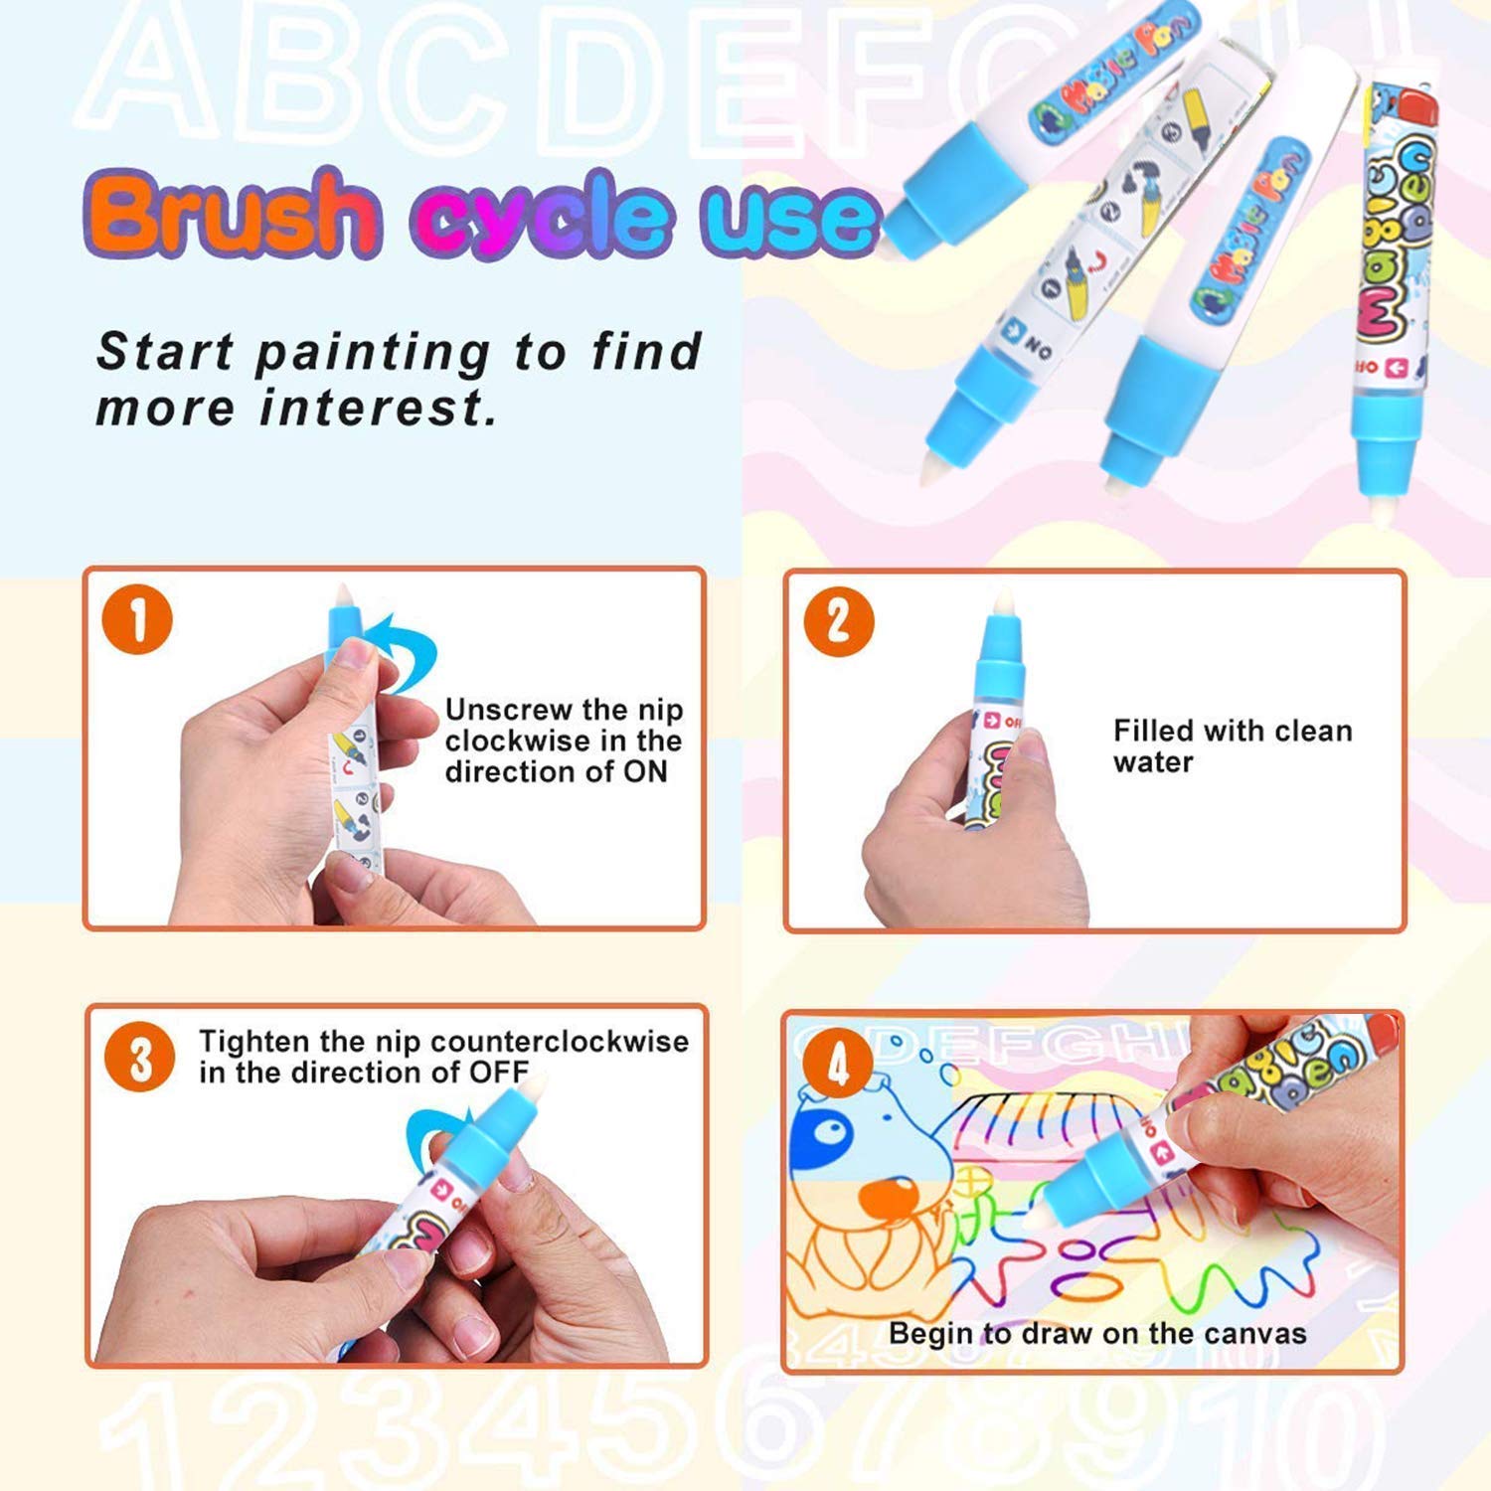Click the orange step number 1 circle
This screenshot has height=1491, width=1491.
coord(137,620)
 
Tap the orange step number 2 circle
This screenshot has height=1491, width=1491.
coord(838,622)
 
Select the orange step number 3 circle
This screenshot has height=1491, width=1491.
coord(139,1058)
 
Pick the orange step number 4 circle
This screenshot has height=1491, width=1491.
coord(838,1063)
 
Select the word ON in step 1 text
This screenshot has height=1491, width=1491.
coord(645,772)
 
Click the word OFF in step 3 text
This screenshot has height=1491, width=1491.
coord(499,1073)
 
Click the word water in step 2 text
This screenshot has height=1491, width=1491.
coord(1153,762)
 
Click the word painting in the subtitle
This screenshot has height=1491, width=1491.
coord(373,353)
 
